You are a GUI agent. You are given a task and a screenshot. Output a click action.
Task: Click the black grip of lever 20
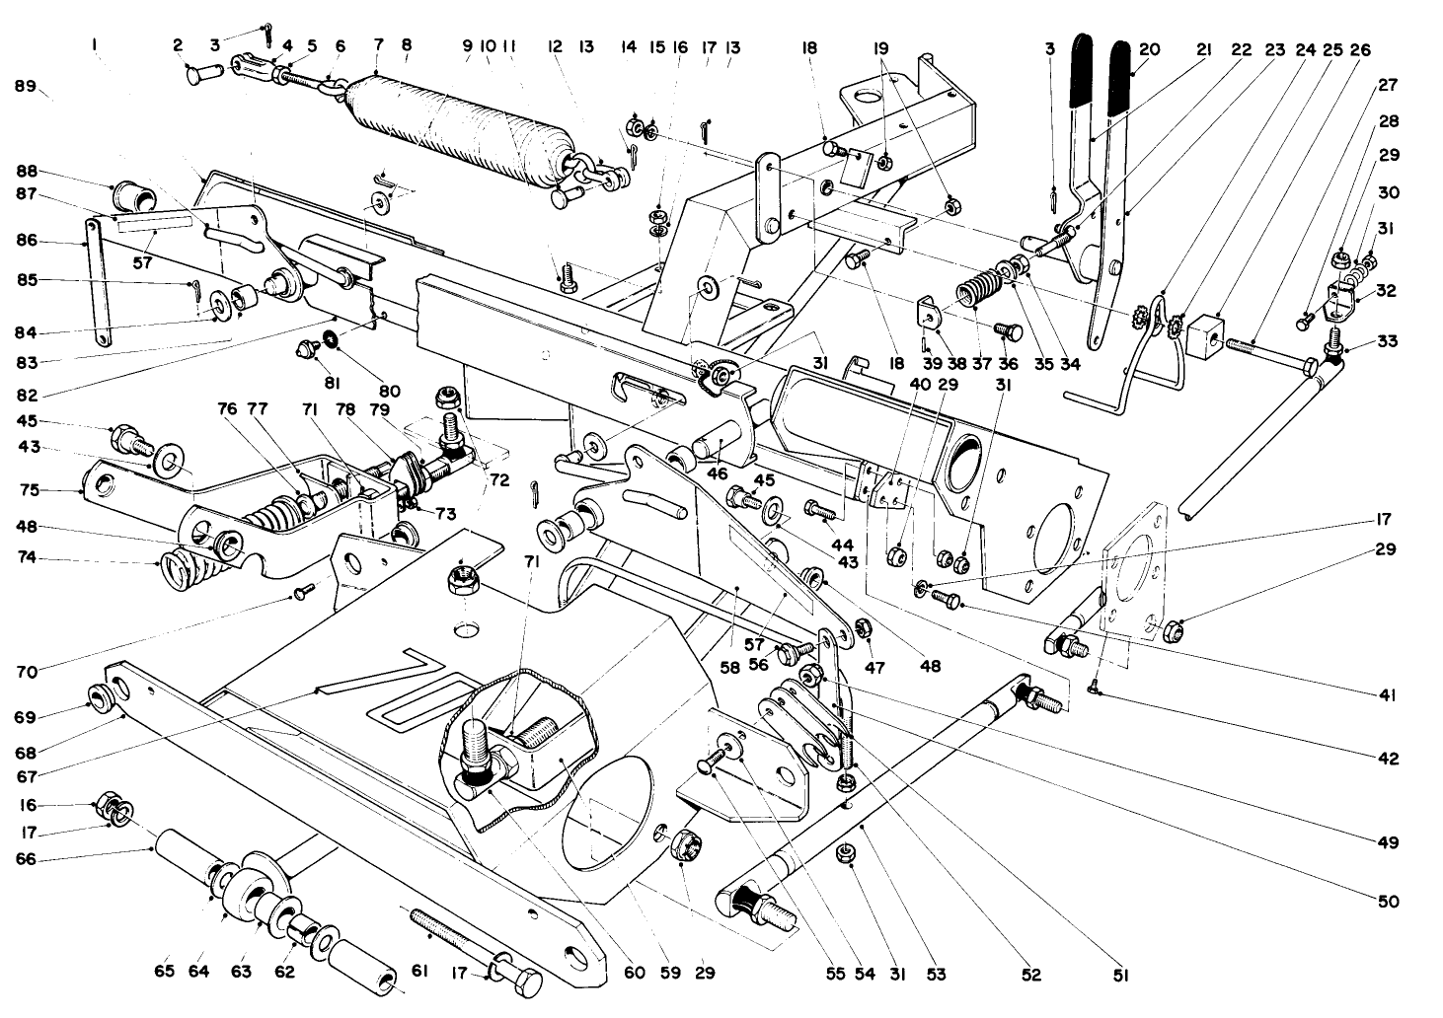1125,74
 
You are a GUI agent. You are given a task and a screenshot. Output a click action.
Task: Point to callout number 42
1388,760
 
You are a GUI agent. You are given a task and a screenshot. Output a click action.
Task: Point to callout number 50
1388,902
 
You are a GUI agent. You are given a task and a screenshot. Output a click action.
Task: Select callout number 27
1388,86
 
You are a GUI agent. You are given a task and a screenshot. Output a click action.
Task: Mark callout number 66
26,859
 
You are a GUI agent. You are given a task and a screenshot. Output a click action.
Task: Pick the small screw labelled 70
301,592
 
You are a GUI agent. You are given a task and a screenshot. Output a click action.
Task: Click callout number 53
936,975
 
